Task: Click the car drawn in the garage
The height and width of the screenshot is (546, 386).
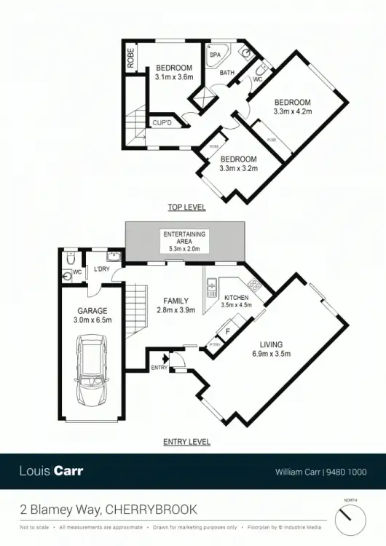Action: tap(92, 372)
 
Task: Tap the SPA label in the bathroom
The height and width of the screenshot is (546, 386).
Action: tap(215, 55)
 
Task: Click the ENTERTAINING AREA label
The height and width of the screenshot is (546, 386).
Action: tap(184, 237)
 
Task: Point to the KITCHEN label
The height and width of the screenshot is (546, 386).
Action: tap(237, 298)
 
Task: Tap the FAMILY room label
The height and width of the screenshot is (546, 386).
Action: tap(176, 301)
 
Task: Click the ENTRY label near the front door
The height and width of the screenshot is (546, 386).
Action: tap(159, 368)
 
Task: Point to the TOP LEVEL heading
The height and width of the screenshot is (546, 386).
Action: tap(186, 207)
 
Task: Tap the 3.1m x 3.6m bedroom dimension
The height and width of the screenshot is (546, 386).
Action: tap(174, 78)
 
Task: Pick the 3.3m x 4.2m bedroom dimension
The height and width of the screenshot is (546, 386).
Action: tap(292, 111)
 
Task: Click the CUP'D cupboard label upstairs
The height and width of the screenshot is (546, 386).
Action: tap(161, 122)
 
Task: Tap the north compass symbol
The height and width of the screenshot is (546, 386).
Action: tap(351, 518)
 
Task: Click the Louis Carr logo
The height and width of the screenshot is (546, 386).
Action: tap(51, 470)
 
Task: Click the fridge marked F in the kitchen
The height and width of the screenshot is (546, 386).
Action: tap(229, 332)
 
